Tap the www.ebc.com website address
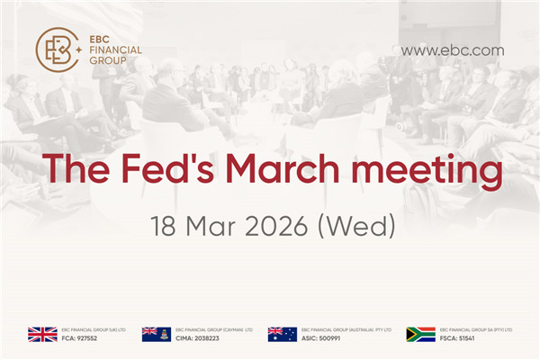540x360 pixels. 452,50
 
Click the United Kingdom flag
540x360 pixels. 42,335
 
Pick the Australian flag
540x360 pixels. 282,335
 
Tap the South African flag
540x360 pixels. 420,335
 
